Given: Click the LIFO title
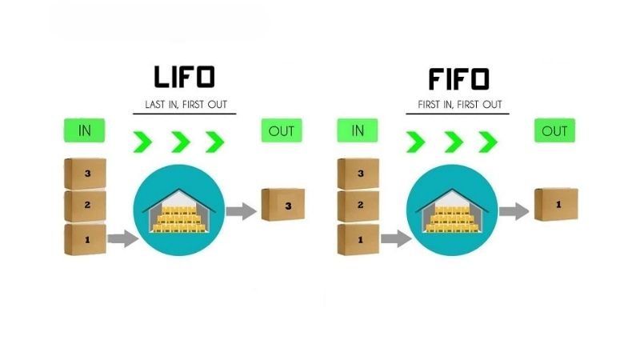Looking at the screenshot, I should (184, 78).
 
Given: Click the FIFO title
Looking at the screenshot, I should (457, 78).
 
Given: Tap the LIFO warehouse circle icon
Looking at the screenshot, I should (180, 212).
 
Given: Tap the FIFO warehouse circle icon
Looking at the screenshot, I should (453, 212).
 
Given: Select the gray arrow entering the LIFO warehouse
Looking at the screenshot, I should (122, 238).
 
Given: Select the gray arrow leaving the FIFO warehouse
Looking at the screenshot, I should (513, 211).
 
